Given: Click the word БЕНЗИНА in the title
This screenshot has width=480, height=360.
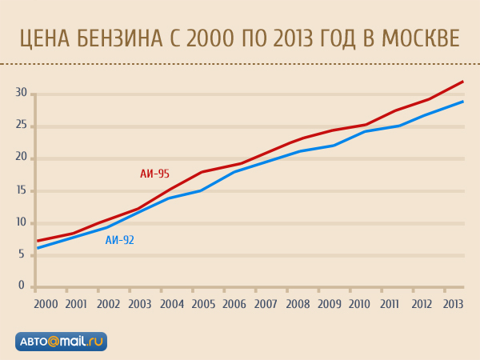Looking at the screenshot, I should tap(122, 38).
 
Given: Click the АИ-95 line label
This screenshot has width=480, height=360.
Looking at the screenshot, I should tap(154, 174).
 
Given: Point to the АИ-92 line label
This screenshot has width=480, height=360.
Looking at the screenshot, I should tap(120, 239).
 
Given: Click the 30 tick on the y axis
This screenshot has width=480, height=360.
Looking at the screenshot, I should tap(22, 94).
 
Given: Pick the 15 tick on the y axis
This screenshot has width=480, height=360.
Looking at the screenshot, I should tap(22, 190).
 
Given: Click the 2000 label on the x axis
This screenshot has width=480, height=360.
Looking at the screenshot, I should tap(45, 304).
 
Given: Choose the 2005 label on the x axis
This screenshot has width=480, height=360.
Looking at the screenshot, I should tap(202, 304).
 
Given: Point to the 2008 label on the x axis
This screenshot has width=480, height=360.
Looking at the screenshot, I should tap(297, 304).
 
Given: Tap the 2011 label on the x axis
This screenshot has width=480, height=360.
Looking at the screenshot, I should tap(391, 304).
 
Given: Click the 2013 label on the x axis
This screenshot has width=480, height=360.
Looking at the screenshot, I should tap(453, 304).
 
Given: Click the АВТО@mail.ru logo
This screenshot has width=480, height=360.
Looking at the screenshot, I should tap(61, 341).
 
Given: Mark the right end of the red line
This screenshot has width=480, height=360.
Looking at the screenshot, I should tap(463, 82).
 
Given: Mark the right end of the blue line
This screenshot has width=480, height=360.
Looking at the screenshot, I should tap(463, 102).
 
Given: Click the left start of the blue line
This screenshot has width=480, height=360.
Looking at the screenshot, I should tap(38, 248).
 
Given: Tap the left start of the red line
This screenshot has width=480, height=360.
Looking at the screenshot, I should tap(38, 241).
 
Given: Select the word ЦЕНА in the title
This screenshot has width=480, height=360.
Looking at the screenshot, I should tap(44, 38).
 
